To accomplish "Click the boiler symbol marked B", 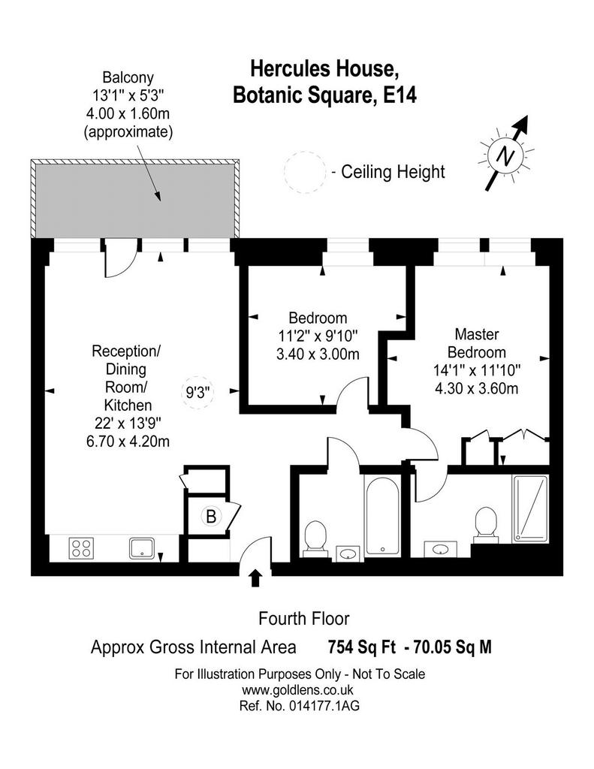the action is click(211, 516).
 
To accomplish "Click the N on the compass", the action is click(505, 156).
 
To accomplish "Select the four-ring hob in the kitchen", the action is click(81, 547).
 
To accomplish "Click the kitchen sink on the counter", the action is click(142, 548).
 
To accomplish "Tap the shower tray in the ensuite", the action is click(530, 508).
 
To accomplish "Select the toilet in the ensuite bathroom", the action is click(486, 525).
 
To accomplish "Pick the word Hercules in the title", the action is click(289, 68).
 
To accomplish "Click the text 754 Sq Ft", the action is click(361, 647).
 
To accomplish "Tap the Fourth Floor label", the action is click(303, 619).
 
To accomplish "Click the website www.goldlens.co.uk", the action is click(297, 690).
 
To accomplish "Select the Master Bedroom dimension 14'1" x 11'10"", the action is click(477, 370).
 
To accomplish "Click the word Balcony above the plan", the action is click(128, 77).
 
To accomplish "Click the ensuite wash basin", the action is click(441, 549).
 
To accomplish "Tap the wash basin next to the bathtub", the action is click(348, 553).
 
